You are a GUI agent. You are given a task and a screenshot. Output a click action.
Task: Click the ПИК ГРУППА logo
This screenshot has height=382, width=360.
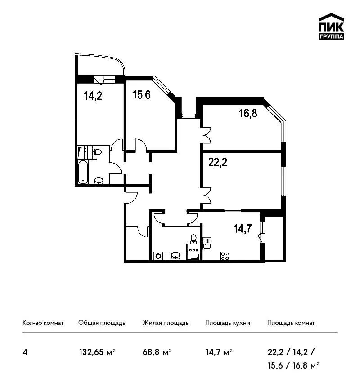coord(331,27)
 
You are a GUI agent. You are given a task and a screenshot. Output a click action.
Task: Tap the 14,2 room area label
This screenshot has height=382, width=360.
coord(93,96)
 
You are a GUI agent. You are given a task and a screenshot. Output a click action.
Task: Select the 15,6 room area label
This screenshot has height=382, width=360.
coord(141,94)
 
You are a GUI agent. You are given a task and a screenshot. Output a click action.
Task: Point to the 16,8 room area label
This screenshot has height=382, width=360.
coord(248,113)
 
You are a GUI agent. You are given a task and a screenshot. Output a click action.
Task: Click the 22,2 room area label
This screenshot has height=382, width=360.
coord(218,162)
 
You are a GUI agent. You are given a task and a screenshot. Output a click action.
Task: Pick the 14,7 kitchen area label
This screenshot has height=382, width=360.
coord(243,228)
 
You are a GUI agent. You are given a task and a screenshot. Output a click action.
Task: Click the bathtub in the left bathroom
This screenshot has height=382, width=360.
coord(83,172)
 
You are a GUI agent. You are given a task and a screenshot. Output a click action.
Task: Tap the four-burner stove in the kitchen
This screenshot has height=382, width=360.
coord(225,256)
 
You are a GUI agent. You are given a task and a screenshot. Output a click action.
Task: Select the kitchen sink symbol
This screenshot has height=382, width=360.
coord(207,244)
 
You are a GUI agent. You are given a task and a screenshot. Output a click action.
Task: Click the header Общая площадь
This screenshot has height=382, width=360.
coord(102,323)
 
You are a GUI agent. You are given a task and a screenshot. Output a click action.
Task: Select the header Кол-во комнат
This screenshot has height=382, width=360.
coord(43,323)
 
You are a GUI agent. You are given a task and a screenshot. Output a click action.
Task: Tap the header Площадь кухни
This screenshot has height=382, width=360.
coord(228,323)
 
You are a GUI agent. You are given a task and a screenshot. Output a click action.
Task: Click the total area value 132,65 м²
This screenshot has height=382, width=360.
coord(97,352)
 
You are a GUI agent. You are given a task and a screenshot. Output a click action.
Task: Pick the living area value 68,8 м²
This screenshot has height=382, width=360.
coord(157,352)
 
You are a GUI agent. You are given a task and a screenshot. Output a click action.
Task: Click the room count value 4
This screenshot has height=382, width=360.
coord(25,352)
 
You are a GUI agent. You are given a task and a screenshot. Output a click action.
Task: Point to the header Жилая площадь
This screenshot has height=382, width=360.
coord(165,323)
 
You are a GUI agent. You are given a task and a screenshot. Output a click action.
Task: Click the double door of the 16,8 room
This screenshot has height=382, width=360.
coord(207,135)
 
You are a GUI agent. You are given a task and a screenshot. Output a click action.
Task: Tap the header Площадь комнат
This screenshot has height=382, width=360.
coord(291,323)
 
